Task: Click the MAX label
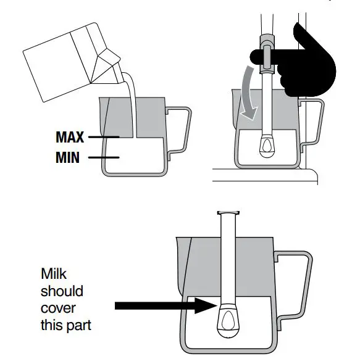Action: tap(70, 136)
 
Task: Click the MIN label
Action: tap(67, 158)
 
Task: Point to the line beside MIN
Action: tap(102, 158)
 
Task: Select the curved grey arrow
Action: tap(249, 93)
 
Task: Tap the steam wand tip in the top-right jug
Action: tap(267, 145)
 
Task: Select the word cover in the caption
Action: tap(56, 307)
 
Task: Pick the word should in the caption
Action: tap(61, 290)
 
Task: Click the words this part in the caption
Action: tap(65, 325)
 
